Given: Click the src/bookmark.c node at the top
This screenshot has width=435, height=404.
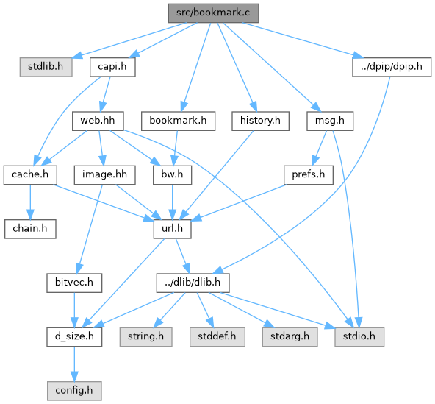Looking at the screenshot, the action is pyautogui.click(x=213, y=13).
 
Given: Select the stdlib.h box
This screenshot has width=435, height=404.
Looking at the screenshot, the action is pyautogui.click(x=46, y=67).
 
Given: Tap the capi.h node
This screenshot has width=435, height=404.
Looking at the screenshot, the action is pyautogui.click(x=112, y=67).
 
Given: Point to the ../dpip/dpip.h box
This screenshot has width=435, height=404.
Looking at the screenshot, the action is pyautogui.click(x=392, y=67).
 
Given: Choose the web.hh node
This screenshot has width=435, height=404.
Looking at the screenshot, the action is pyautogui.click(x=98, y=121).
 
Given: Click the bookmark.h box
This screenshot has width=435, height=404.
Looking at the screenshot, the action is pyautogui.click(x=178, y=121).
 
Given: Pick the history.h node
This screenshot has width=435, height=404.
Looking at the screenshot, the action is pyautogui.click(x=261, y=121).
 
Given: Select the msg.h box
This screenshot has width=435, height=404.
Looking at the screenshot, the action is pyautogui.click(x=330, y=121).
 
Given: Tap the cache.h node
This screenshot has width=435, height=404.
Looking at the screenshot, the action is pyautogui.click(x=30, y=174).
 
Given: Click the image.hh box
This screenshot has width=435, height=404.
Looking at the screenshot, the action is pyautogui.click(x=104, y=174).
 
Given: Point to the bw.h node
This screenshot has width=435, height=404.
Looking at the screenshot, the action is pyautogui.click(x=172, y=174).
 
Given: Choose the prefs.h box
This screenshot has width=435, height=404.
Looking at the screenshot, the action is pyautogui.click(x=309, y=174).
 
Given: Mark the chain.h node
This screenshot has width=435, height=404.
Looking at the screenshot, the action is pyautogui.click(x=30, y=229).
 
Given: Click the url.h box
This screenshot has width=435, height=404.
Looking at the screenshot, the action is pyautogui.click(x=172, y=229).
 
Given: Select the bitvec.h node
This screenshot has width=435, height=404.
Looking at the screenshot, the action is pyautogui.click(x=74, y=283).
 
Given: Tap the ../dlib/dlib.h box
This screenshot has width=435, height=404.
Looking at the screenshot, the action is pyautogui.click(x=193, y=283).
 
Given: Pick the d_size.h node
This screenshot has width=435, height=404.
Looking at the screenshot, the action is pyautogui.click(x=74, y=336).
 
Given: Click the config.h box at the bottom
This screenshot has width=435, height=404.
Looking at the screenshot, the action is pyautogui.click(x=74, y=391).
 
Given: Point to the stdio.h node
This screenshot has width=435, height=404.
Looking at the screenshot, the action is pyautogui.click(x=359, y=336).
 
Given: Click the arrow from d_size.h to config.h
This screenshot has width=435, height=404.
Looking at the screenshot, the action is pyautogui.click(x=74, y=364).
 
